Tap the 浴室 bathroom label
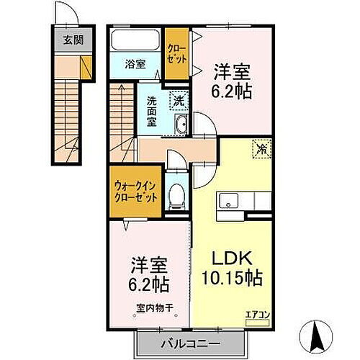(x=135, y=63)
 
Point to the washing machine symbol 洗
(x=176, y=100)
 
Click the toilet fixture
(x=176, y=194)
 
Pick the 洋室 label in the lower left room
(x=149, y=264)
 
